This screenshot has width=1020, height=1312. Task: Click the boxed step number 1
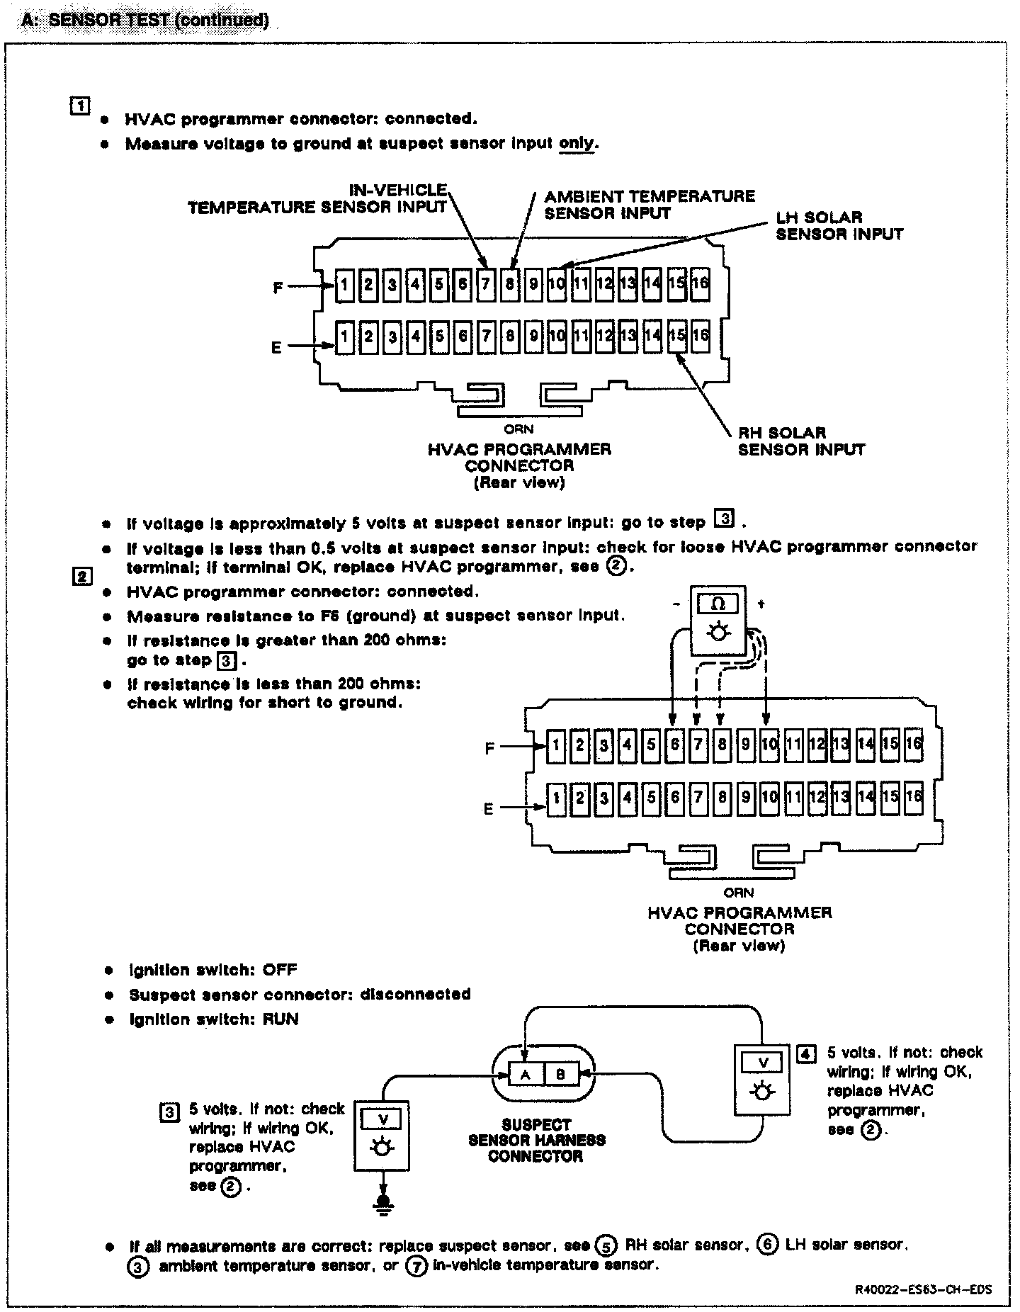79,106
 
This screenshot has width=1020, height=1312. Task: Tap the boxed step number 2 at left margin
82,577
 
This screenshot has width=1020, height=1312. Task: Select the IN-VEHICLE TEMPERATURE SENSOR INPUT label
317,199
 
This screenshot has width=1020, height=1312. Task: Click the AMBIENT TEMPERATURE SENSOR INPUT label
649,205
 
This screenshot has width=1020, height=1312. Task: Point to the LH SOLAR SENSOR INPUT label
839,226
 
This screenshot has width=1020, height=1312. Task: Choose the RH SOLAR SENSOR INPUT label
801,441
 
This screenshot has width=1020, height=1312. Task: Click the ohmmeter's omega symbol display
718,604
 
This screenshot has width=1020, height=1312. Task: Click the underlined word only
578,144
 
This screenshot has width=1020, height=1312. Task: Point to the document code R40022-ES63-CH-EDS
922,1289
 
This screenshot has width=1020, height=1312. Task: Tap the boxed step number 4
806,1053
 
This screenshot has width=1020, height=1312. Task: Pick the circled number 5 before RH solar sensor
605,1245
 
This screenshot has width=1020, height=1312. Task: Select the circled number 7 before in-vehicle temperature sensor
415,1266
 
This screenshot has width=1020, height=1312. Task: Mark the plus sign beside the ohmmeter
762,604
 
